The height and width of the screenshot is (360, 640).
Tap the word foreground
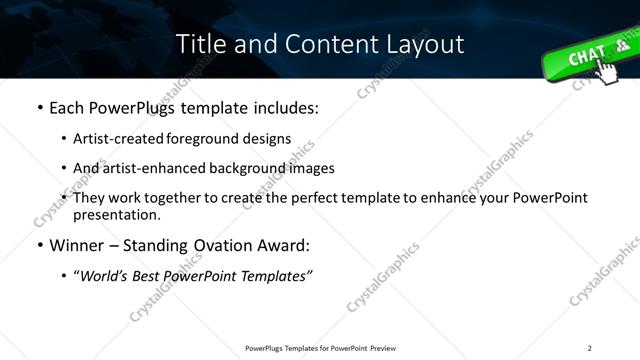coord(210,138)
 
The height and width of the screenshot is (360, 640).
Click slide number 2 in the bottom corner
coord(590,348)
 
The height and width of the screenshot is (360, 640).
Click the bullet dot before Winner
coord(39,245)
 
